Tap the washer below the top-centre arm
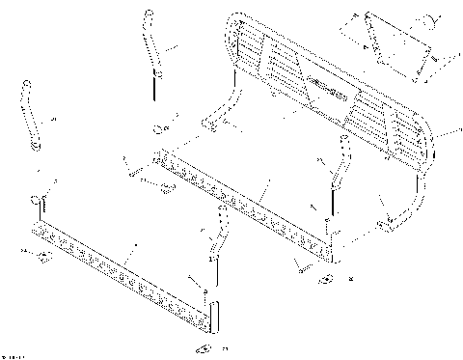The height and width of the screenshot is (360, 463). (x=158, y=128)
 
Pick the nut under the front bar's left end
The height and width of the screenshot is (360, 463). (x=41, y=257)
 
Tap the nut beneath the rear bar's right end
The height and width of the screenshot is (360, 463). (x=326, y=279)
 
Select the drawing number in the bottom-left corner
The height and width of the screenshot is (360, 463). (x=14, y=355)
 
